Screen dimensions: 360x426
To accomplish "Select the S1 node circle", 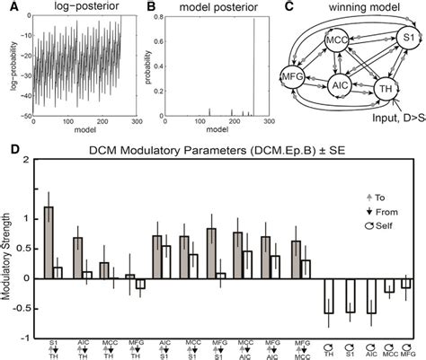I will tap(404, 39).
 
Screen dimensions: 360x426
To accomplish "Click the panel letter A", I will tap(6, 7).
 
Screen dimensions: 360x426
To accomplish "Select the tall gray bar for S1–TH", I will tap(49, 242).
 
